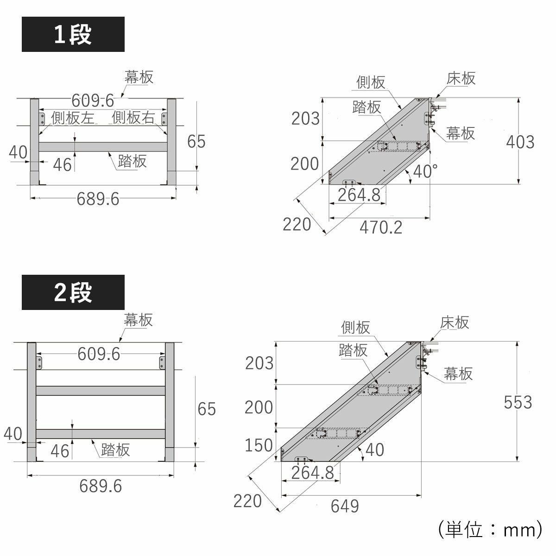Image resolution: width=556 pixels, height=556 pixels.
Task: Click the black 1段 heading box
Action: (73, 34)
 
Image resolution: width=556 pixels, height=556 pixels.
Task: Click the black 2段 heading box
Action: (73, 292)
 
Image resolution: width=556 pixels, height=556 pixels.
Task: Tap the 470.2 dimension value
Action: (381, 227)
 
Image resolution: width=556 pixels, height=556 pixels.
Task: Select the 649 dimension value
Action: (345, 506)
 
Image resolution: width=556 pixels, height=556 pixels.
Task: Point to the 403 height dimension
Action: (520, 142)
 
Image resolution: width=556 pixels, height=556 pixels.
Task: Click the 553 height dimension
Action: (518, 402)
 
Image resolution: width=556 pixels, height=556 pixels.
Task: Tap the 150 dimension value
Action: (259, 445)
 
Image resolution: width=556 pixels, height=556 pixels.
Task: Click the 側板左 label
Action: (72, 118)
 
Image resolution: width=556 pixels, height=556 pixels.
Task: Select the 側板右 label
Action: (133, 118)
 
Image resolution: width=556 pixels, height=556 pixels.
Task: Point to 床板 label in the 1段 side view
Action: (461, 78)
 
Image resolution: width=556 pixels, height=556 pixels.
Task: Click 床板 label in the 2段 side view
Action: (455, 322)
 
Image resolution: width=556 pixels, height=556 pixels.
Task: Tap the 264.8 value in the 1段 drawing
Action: (359, 195)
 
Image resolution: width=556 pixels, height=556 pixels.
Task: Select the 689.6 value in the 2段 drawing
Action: (101, 486)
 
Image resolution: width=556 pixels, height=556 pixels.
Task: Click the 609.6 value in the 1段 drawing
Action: (93, 100)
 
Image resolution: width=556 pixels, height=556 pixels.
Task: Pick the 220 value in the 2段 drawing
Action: (247, 501)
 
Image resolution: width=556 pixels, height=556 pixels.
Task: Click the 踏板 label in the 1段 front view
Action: (132, 161)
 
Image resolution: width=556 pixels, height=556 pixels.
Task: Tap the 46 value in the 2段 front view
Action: (60, 451)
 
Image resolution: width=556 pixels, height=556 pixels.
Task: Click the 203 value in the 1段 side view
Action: (305, 119)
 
